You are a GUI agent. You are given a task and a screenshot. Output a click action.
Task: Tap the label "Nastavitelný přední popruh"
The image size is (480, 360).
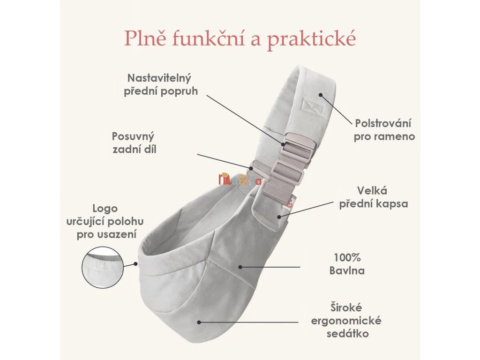[x=160, y=84]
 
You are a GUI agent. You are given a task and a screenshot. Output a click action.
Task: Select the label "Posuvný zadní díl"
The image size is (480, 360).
[x=133, y=143]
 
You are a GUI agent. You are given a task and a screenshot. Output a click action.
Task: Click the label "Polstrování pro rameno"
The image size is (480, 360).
[x=385, y=130]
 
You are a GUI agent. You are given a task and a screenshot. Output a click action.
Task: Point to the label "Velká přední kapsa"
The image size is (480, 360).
[x=382, y=197]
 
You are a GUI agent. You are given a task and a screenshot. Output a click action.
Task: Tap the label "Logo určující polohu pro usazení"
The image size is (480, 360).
[x=105, y=221]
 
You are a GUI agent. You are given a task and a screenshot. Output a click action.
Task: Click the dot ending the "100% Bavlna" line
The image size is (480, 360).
[x=240, y=267]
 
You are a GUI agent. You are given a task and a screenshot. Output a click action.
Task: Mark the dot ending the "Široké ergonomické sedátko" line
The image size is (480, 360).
[x=199, y=322]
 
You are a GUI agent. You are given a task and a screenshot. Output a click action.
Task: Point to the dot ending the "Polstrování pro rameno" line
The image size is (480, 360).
[x=321, y=94]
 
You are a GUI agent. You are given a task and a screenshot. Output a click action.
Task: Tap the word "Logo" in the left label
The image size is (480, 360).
[x=105, y=209]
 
